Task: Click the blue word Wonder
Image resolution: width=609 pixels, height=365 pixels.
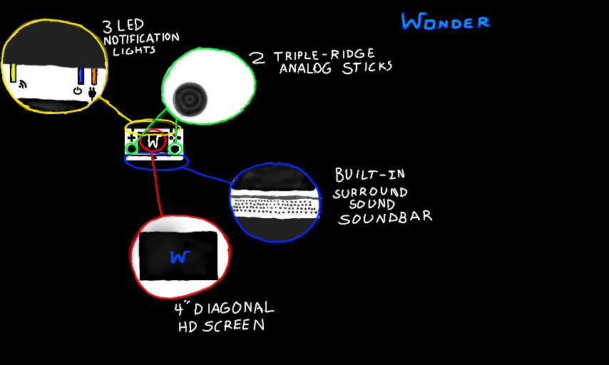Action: click(445, 22)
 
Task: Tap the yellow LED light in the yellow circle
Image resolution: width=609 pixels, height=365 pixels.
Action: click(14, 73)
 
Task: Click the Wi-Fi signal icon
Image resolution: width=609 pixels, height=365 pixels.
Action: click(23, 86)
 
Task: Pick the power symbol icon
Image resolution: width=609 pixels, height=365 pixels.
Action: click(78, 91)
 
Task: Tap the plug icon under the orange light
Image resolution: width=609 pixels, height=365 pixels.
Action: click(92, 93)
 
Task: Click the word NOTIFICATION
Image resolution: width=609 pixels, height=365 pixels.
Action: click(141, 38)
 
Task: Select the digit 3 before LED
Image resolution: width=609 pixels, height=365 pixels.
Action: click(107, 27)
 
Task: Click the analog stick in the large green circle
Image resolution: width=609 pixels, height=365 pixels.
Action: click(190, 96)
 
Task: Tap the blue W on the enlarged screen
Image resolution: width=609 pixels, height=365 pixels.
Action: click(178, 257)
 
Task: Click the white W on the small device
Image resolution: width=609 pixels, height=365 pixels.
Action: click(153, 142)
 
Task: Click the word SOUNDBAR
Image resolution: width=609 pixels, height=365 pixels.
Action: click(385, 217)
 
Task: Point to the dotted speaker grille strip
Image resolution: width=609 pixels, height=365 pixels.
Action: click(275, 207)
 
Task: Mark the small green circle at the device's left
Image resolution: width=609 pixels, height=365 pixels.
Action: click(132, 148)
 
